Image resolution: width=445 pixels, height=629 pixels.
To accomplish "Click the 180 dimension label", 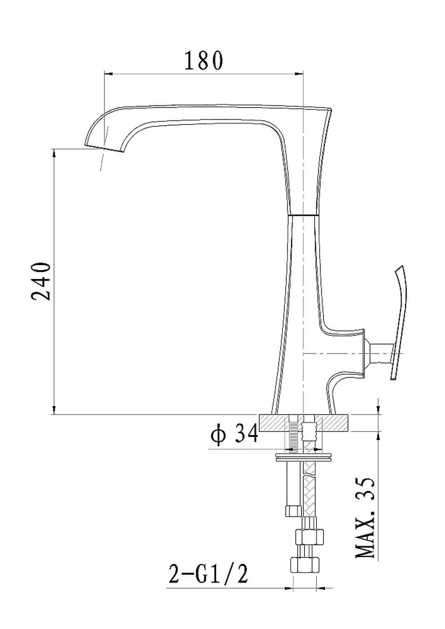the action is (x=204, y=60).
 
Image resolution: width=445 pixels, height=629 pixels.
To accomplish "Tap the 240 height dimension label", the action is (x=41, y=281).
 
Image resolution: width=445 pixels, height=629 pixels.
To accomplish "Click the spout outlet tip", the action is (x=104, y=149).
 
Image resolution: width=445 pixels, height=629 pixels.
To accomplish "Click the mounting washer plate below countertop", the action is (x=303, y=457).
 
